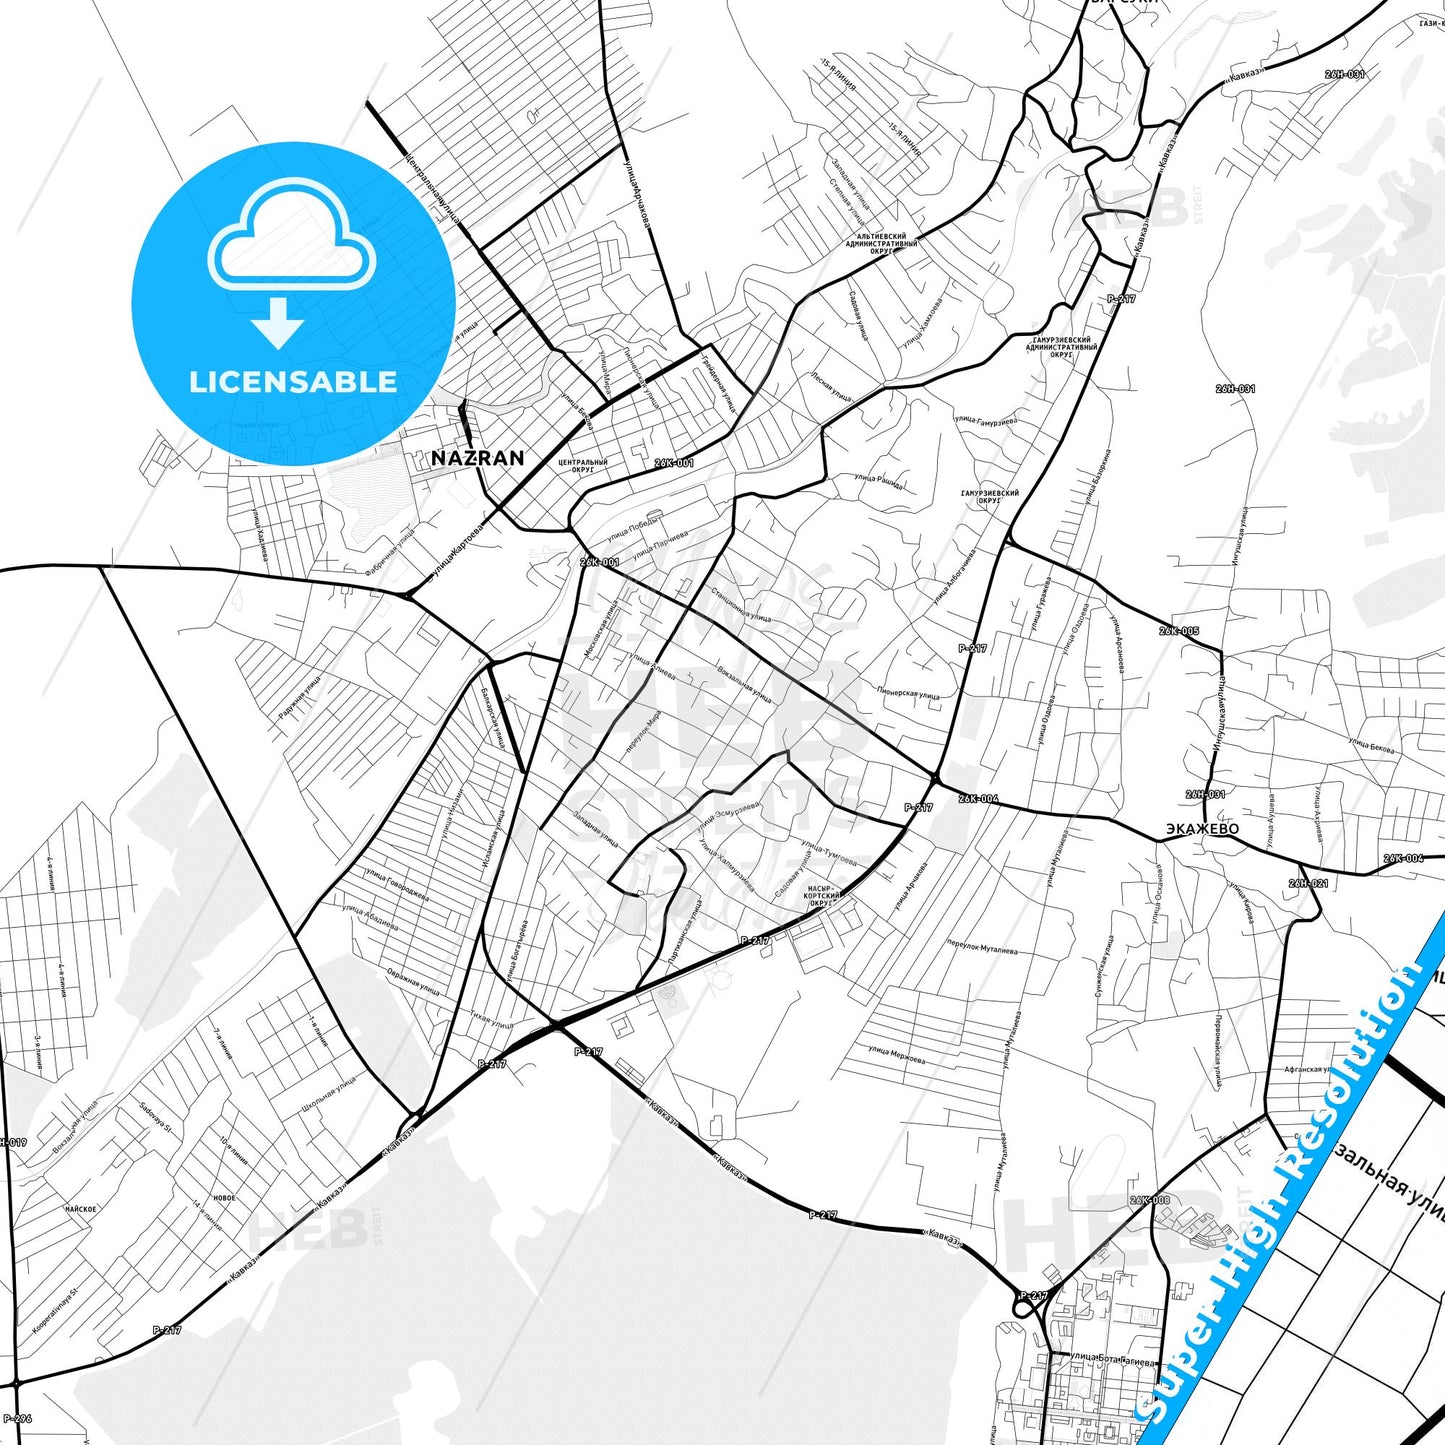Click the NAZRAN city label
point(477,458)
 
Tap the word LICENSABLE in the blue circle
point(293,382)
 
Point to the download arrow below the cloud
point(278,322)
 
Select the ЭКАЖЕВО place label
point(1202,829)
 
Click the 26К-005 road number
point(1179,631)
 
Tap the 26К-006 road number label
point(977,799)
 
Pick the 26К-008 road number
point(1149,1200)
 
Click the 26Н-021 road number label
point(1308,884)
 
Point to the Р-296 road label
point(17,1418)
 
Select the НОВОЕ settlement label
point(224,1198)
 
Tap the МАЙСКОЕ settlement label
point(81,1209)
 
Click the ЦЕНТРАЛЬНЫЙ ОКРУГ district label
point(583,466)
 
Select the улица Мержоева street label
point(896,1055)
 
